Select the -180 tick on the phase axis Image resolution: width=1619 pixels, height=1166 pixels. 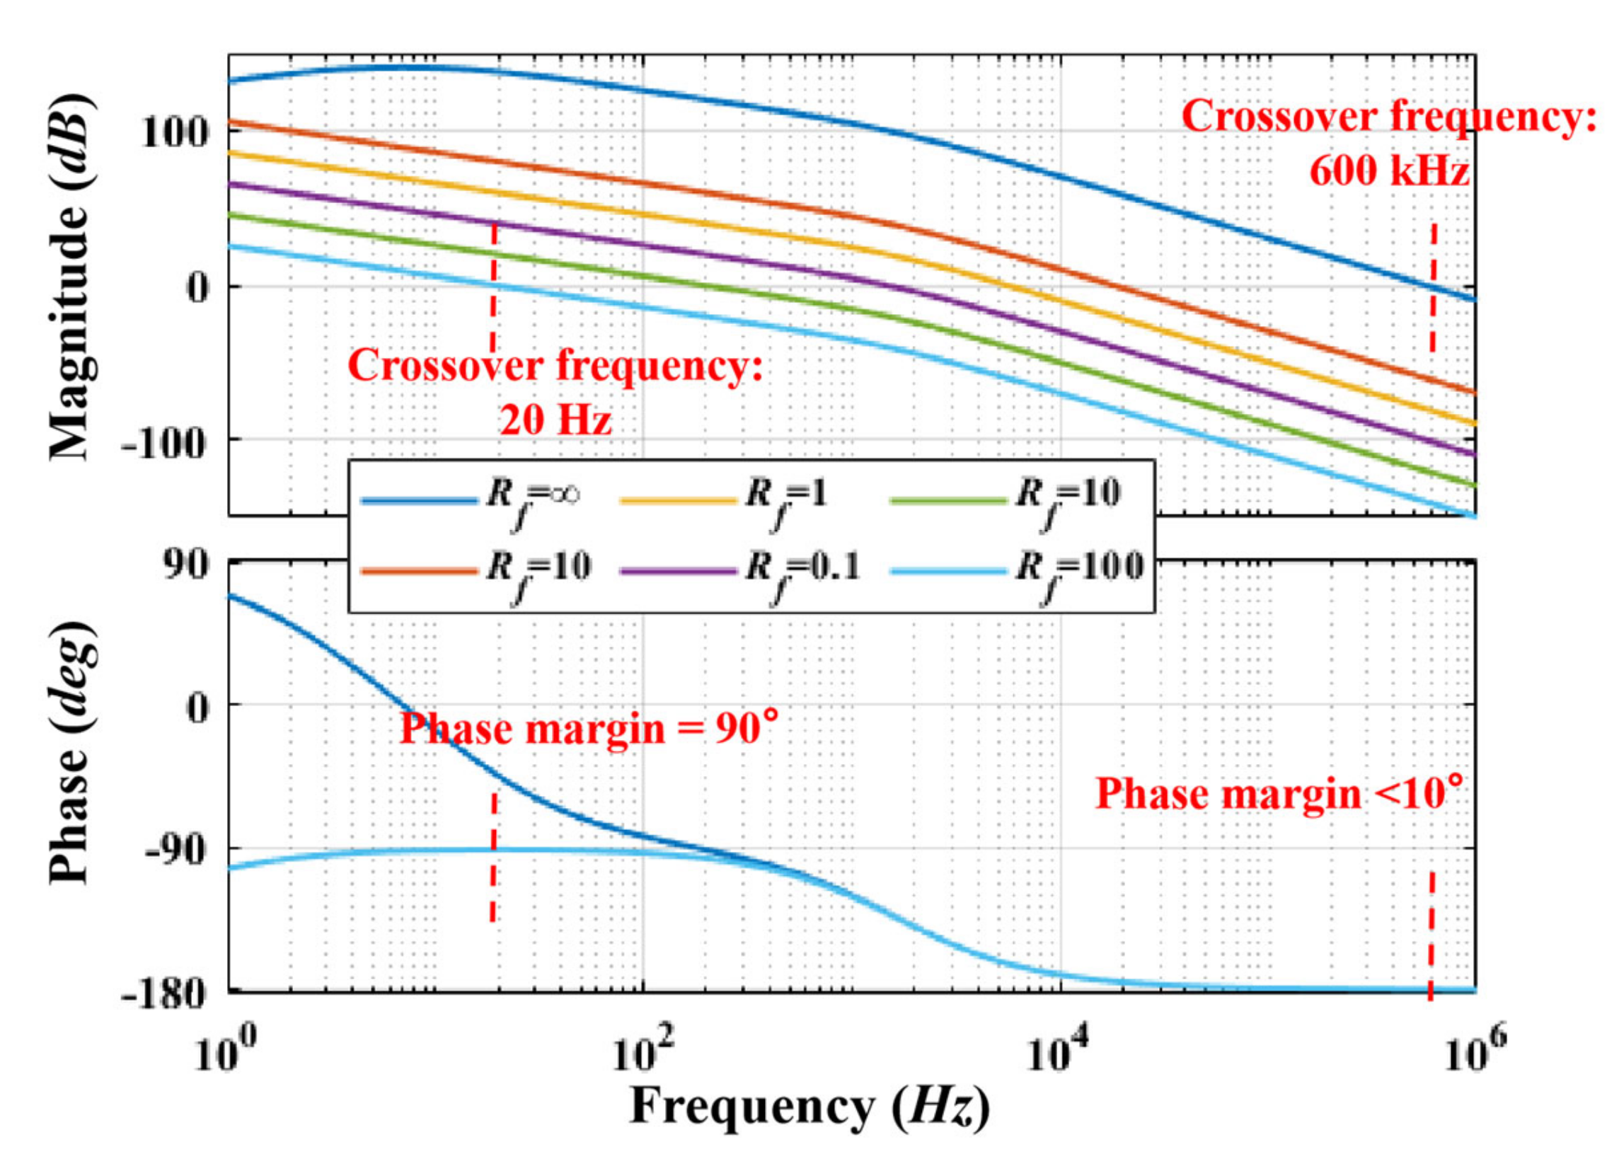[x=164, y=993]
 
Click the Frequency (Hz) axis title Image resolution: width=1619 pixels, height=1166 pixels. [x=809, y=1107]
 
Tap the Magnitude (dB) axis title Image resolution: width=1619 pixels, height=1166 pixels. [x=71, y=278]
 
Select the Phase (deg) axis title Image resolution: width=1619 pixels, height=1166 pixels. [x=71, y=753]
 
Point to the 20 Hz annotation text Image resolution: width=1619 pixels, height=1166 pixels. [x=555, y=420]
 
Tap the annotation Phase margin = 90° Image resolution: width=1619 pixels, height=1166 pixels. [x=587, y=729]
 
